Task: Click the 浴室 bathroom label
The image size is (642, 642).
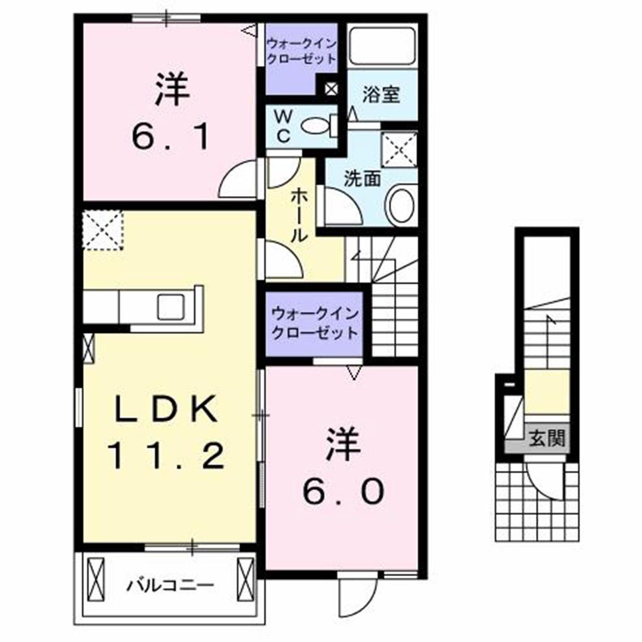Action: click(x=381, y=95)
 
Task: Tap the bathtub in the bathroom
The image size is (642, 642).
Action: click(x=382, y=46)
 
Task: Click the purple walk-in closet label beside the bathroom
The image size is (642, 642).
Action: click(x=301, y=51)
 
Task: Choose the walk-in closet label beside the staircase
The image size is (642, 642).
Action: click(x=314, y=323)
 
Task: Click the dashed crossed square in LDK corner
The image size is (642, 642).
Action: click(x=102, y=229)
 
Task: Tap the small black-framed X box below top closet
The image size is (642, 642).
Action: click(x=331, y=90)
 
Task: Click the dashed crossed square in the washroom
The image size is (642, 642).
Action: click(x=398, y=149)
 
